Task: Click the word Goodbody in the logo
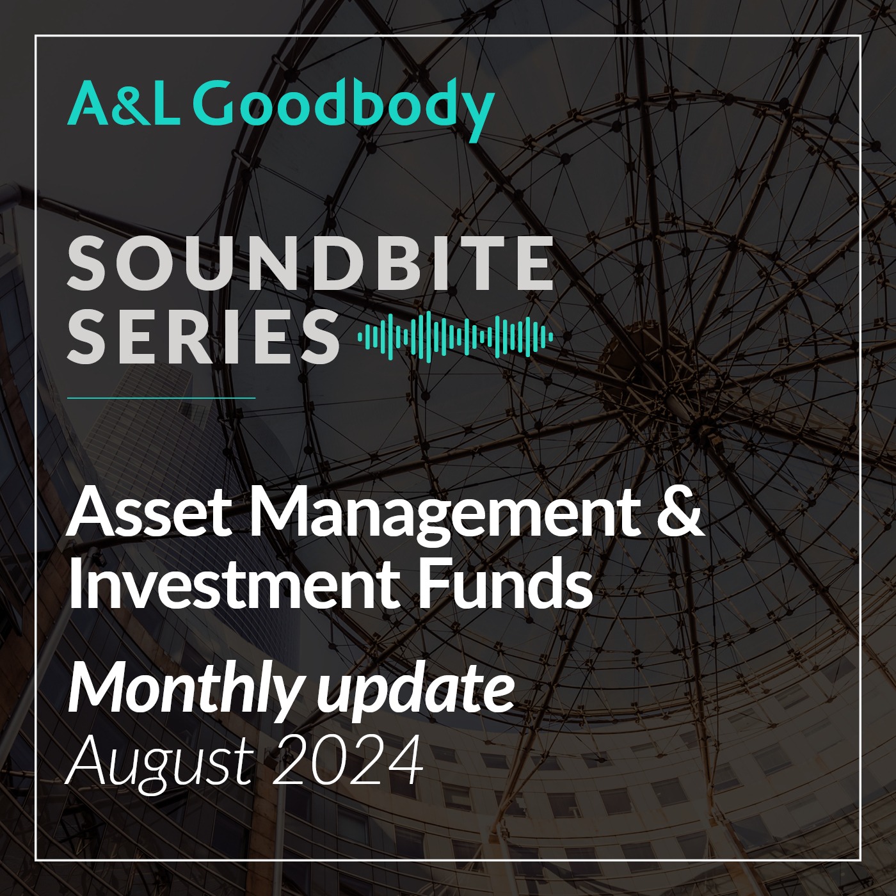point(347,109)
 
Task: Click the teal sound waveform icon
point(456,337)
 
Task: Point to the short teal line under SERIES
point(161,398)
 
